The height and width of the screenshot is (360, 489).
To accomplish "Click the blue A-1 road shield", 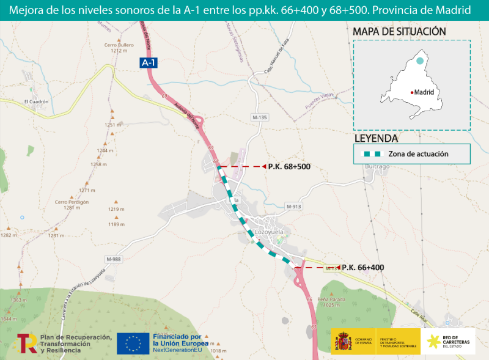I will (149, 62).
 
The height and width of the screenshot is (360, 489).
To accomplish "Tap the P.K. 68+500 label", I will (289, 166).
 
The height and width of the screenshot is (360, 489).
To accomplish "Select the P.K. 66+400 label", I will (362, 268).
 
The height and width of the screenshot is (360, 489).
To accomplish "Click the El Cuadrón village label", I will (36, 101).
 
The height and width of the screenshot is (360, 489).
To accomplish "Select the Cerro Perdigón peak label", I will (68, 205).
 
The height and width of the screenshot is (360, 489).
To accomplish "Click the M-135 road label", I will (260, 117).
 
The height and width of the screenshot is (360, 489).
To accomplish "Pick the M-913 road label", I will (294, 207).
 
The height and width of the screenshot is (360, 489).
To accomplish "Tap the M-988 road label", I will (114, 259).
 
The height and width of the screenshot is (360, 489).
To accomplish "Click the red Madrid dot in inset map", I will (412, 92).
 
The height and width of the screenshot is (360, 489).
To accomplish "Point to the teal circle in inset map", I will (419, 61).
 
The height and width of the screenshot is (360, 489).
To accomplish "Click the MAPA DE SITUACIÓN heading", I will (399, 31).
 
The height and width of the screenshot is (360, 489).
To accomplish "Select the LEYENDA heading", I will (376, 138).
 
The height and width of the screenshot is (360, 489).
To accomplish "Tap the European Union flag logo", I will (133, 343).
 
